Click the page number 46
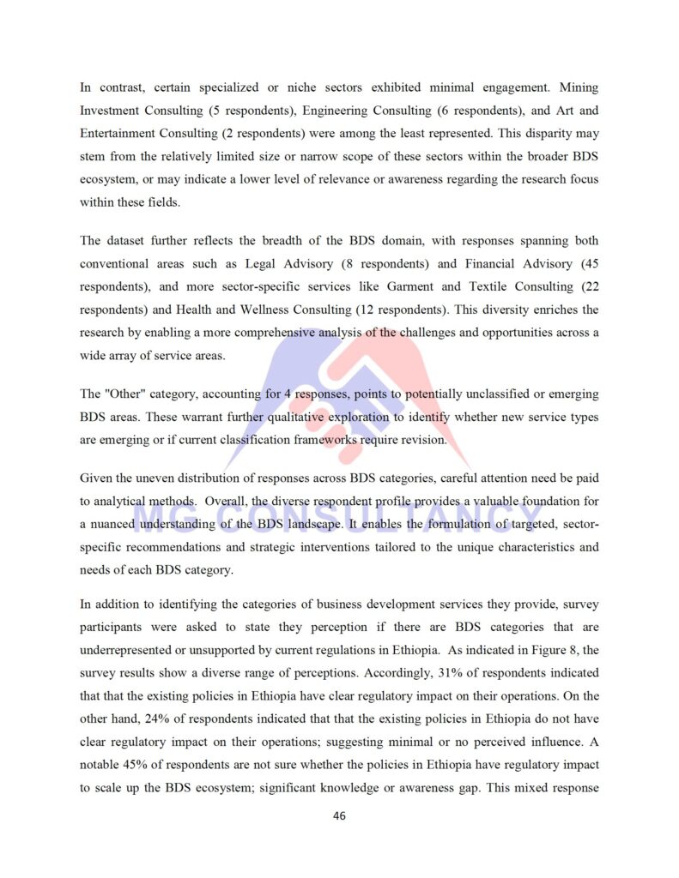coord(339,815)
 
